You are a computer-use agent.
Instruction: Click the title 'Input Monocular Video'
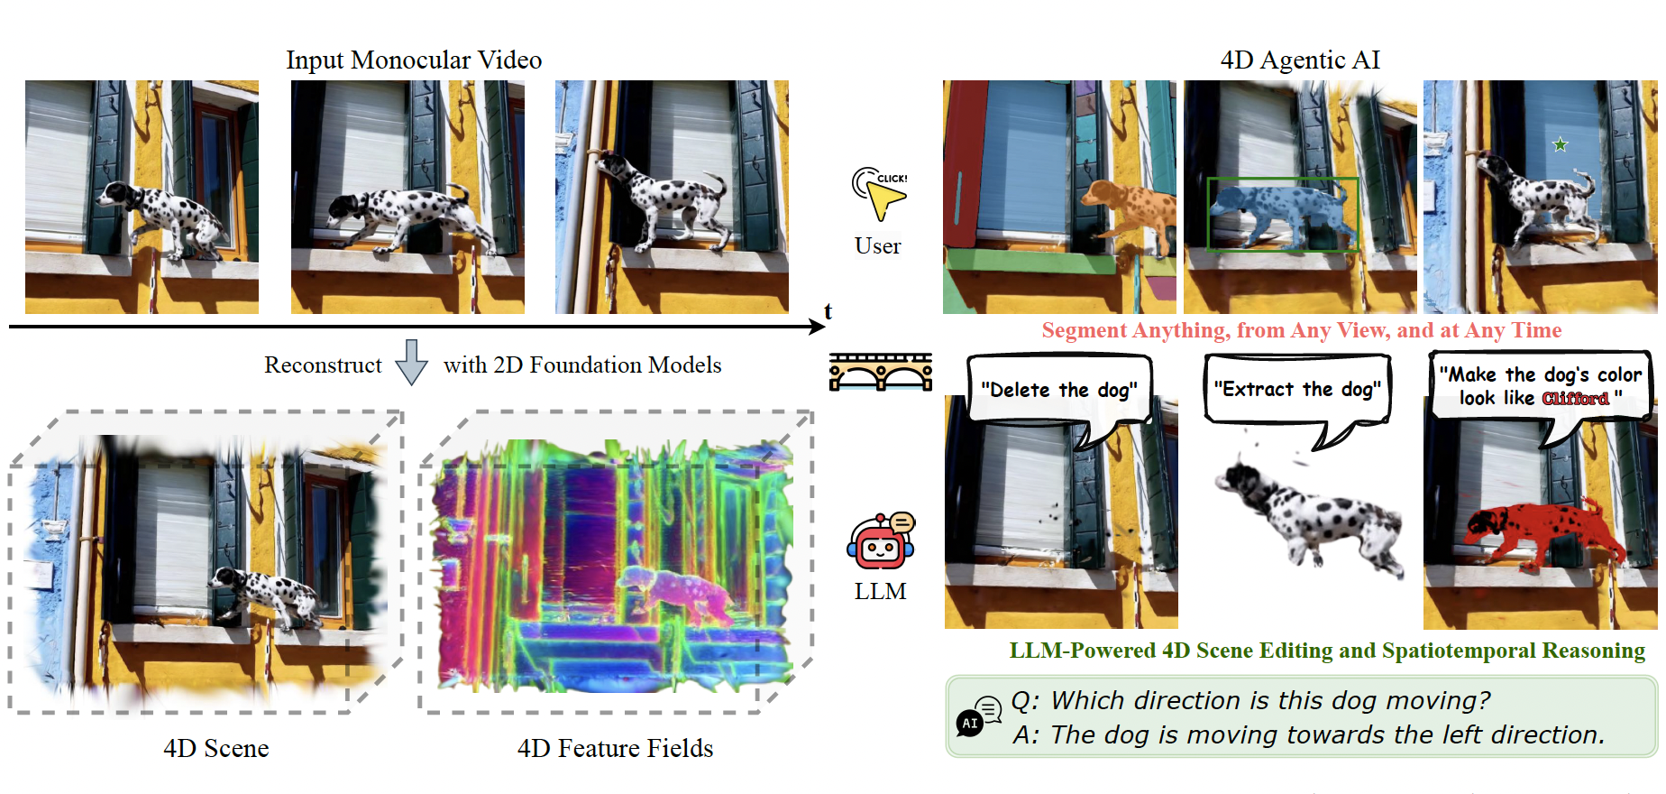(414, 60)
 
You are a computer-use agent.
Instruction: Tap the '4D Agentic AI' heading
(1300, 60)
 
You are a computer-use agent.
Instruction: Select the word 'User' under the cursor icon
(878, 245)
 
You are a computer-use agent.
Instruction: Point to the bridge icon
(881, 372)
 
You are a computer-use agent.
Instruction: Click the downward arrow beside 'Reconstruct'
(412, 363)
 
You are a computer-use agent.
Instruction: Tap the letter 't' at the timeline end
(828, 311)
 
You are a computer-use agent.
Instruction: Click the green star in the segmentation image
(1561, 144)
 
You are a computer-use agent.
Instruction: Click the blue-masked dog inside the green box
(1280, 213)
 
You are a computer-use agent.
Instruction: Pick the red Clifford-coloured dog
(1542, 532)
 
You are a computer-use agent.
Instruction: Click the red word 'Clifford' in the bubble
(1575, 399)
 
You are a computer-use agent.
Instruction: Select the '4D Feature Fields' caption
(615, 748)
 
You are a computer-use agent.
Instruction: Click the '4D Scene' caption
(216, 748)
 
